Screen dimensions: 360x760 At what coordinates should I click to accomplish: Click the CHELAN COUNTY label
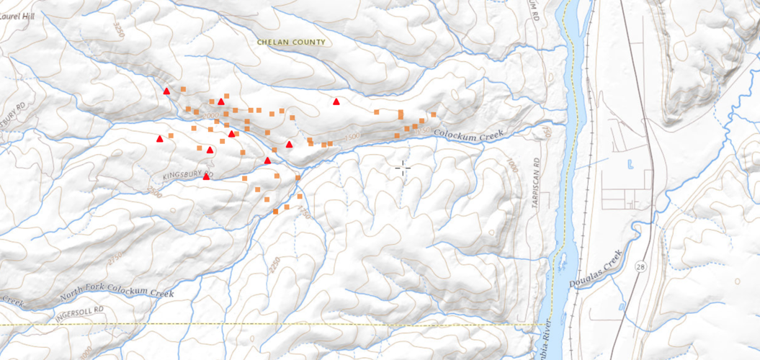pos(291,42)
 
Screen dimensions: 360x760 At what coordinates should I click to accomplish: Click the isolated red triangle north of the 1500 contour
pos(336,102)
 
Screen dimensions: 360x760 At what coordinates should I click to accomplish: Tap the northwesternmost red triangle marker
pos(166,91)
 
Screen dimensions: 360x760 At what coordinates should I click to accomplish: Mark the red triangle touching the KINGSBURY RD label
pos(206,176)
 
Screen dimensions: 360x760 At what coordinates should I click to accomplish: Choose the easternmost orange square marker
pos(434,114)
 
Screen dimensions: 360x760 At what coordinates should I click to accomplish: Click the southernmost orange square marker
pos(276,212)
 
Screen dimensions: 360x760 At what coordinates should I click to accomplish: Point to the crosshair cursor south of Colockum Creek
pos(403,168)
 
